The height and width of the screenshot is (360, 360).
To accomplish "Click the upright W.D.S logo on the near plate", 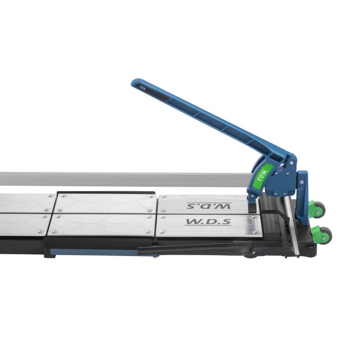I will click(x=208, y=222).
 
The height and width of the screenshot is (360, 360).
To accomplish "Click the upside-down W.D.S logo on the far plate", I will click(x=209, y=206).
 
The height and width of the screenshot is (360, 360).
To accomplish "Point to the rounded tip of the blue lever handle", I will click(x=135, y=83).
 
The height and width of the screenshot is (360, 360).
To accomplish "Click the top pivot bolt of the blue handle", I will click(x=292, y=162).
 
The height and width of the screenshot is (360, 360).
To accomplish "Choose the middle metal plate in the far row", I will click(x=106, y=203).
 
